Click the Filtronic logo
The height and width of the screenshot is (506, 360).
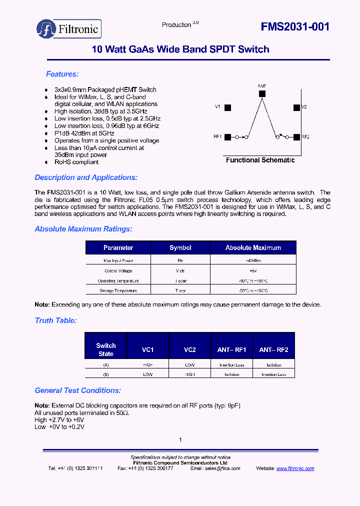[69, 29]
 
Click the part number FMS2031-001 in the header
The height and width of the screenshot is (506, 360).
[295, 27]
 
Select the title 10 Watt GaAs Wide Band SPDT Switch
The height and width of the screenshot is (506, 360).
[180, 49]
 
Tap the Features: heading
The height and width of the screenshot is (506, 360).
[62, 74]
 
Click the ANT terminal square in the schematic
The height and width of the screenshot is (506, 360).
[262, 93]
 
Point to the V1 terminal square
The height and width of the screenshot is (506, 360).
[227, 107]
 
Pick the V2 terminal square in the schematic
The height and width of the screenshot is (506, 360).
[297, 107]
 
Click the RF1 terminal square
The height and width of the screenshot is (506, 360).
[227, 136]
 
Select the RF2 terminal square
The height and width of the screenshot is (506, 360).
[297, 136]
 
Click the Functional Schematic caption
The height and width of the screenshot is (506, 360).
[260, 160]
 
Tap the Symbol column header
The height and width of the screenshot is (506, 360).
[180, 247]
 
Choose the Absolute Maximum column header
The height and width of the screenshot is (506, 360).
[253, 247]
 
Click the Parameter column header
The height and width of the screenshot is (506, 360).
[118, 247]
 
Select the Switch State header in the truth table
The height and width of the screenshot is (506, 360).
[106, 349]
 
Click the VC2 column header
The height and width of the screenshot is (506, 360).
[190, 350]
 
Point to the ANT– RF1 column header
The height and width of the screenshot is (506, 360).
[232, 350]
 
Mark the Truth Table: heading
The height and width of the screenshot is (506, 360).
[55, 320]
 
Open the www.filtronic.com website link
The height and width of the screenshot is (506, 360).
[295, 468]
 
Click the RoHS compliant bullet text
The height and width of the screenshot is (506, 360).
[76, 162]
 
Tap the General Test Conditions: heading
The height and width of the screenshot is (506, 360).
[77, 390]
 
